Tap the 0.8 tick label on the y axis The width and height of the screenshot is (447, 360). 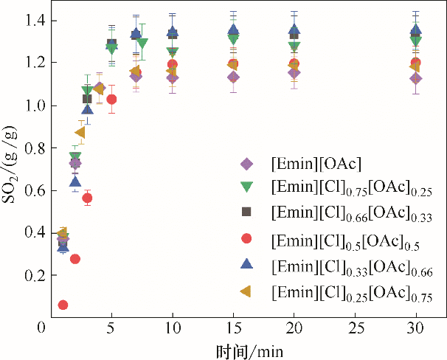pos(34,148)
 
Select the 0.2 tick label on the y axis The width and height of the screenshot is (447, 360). pos(34,275)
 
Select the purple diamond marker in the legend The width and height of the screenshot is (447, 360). pos(247,164)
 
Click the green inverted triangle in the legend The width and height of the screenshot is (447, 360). pos(247,187)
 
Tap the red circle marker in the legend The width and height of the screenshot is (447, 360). pos(247,238)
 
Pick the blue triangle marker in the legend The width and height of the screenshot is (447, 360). pos(247,263)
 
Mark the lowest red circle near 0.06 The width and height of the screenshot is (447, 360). pos(63,305)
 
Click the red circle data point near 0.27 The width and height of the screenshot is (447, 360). pos(74,259)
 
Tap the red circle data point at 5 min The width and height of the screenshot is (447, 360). pos(111,99)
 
